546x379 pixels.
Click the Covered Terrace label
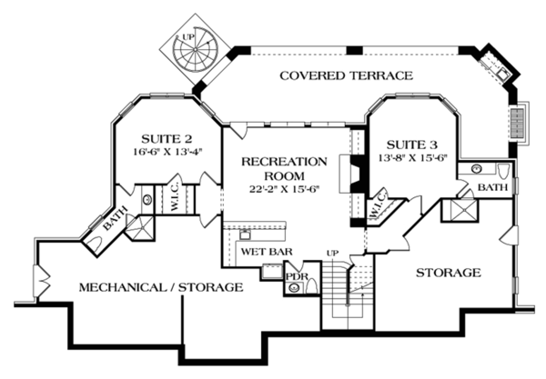point(346,75)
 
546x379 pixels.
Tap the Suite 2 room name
point(167,139)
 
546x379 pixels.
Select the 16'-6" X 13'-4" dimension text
point(167,152)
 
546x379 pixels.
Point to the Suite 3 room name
point(412,145)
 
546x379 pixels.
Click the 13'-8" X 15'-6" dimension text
point(412,157)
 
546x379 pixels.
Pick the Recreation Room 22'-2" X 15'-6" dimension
point(284,189)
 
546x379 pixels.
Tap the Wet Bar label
point(267,252)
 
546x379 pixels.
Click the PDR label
point(297,277)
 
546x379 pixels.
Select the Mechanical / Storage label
point(161,287)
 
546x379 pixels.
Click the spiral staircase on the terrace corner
point(195,49)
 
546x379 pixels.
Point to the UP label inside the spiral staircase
point(188,36)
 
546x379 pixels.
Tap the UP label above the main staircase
point(332,254)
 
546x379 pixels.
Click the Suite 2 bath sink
point(147,200)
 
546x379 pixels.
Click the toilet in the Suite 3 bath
point(503,171)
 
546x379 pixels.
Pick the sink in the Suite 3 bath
point(476,169)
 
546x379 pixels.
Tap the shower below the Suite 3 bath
point(460,210)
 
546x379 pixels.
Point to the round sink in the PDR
point(295,287)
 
